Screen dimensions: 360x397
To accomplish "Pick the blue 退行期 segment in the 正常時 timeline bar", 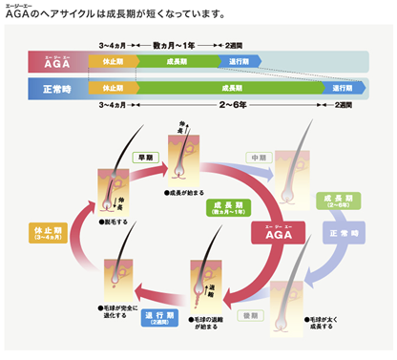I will pos(343,88).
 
